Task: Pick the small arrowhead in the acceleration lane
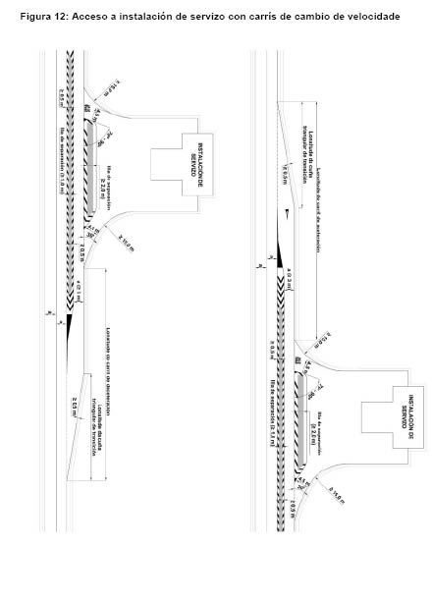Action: coord(286,213)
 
